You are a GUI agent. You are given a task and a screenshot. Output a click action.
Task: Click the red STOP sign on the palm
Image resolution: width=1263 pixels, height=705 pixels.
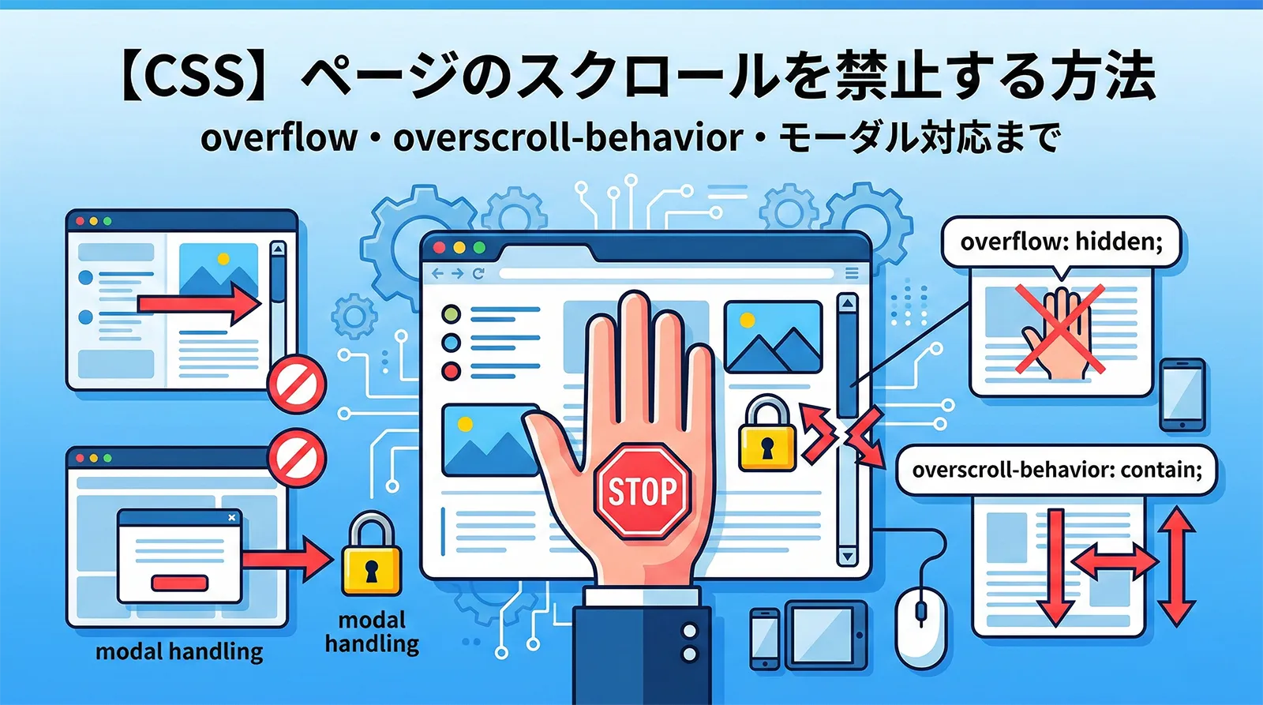(643, 491)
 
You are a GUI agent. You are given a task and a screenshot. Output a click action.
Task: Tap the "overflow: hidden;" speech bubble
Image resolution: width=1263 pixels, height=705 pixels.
(1061, 242)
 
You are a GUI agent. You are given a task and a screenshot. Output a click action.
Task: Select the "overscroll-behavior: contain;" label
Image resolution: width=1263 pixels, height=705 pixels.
(1057, 471)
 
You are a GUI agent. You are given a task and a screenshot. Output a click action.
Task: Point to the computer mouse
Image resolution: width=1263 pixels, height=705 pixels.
(920, 624)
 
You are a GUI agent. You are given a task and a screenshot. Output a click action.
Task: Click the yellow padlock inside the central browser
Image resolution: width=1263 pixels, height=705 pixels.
(766, 436)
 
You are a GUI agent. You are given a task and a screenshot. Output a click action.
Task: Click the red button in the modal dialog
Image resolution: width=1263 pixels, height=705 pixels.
(179, 583)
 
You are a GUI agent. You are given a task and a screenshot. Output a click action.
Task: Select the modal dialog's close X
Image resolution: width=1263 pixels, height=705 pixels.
(231, 518)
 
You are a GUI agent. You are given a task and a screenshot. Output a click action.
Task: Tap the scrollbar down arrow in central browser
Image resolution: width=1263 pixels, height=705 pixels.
(847, 556)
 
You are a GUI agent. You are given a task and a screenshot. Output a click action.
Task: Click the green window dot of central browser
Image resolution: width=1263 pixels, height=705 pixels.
(479, 248)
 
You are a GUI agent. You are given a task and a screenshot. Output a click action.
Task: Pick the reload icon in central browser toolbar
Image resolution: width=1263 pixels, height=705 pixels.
(478, 274)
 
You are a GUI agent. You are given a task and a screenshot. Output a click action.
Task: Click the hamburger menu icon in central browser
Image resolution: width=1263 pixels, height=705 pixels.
(852, 273)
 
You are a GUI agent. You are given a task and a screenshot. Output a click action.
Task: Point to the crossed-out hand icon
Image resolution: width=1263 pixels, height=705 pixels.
(1059, 331)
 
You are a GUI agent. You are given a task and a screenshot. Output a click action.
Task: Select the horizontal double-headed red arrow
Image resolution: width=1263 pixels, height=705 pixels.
(1115, 562)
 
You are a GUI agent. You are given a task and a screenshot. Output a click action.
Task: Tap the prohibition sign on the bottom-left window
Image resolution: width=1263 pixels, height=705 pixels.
(297, 458)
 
